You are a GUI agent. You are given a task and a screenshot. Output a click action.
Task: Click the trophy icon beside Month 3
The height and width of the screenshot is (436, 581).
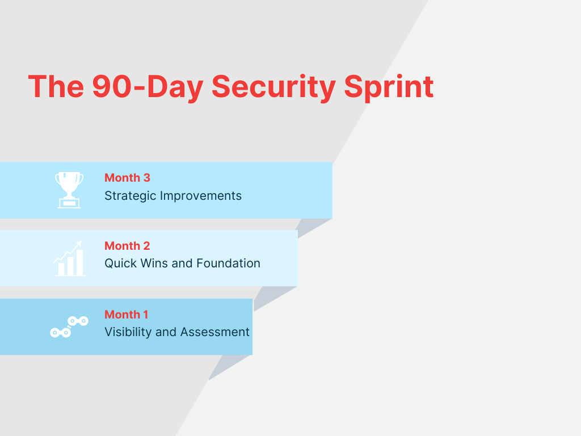69,190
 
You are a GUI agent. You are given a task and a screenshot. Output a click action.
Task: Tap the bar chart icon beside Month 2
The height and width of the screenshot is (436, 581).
69,259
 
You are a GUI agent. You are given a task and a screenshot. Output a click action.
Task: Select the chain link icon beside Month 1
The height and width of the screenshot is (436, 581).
69,327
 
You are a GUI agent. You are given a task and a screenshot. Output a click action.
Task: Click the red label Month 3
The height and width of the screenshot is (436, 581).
127,178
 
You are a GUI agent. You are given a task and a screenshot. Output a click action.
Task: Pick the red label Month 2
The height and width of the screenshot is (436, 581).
127,246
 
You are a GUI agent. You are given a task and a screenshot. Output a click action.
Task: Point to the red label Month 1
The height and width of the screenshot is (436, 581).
126,315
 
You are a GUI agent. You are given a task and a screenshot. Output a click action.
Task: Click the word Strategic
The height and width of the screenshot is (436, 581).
130,196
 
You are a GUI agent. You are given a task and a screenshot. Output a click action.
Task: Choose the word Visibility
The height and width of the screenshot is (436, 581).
128,332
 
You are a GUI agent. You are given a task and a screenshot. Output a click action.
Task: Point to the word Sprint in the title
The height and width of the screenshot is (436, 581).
389,87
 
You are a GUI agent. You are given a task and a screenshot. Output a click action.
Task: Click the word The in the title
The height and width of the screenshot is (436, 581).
55,87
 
